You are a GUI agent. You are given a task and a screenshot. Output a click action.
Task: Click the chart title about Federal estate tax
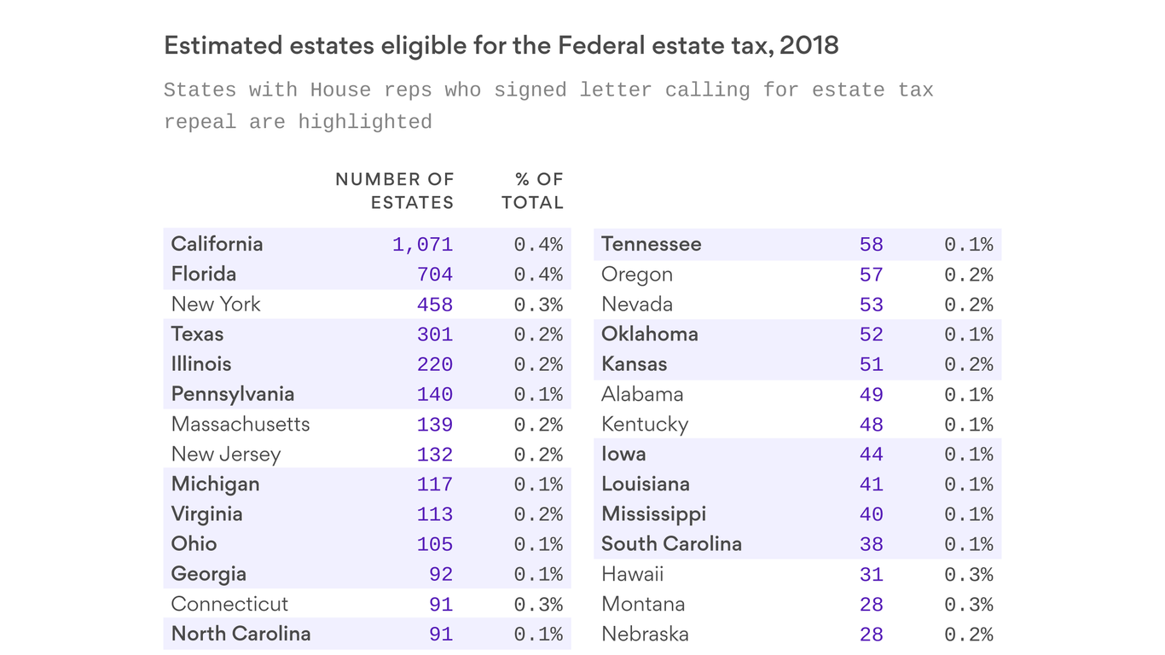coord(501,46)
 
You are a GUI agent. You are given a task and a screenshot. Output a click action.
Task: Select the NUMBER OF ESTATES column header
coord(394,191)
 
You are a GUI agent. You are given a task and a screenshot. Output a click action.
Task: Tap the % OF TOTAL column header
coord(533,191)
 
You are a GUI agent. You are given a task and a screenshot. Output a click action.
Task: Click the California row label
coord(217,244)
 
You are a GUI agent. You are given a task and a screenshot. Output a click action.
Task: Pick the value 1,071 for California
coord(422,245)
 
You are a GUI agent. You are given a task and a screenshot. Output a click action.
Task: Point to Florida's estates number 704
coord(434,275)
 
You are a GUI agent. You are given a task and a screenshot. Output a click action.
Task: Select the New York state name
coord(216,304)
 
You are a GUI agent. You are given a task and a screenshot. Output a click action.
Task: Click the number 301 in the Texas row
coord(434,334)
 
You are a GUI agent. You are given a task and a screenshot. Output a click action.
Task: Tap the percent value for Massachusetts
coord(538,425)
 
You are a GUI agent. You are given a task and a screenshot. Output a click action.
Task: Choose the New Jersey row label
coord(225,455)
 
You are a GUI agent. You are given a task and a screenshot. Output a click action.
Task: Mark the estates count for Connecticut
coord(440,605)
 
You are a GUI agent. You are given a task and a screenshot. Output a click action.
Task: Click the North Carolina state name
coord(241,634)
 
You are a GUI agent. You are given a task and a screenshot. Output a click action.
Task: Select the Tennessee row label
coord(651,244)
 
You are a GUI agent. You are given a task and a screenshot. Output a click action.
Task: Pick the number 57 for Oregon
coord(871,275)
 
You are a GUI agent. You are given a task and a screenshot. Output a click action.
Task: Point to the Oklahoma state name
coord(649,334)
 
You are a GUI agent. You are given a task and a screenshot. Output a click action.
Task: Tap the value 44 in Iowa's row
coord(871,455)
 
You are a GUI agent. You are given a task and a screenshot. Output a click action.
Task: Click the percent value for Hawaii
coord(968,575)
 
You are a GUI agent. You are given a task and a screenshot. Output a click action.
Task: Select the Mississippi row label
coord(653,514)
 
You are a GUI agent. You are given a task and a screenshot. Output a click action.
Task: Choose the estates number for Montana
coord(871,605)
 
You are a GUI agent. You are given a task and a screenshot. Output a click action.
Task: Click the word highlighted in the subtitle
coord(364,122)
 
